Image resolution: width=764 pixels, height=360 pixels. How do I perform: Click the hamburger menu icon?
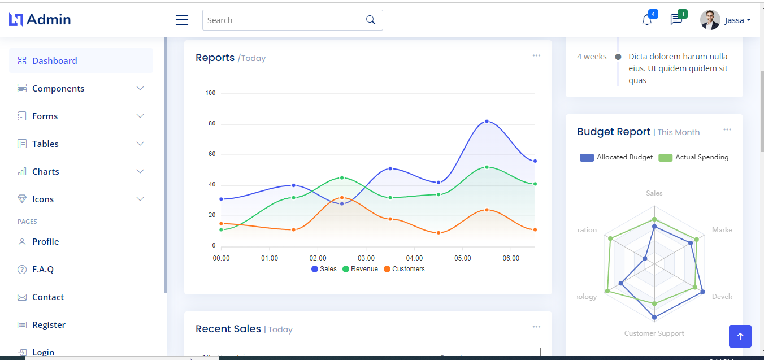click(182, 20)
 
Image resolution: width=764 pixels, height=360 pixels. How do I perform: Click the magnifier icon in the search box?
click(371, 20)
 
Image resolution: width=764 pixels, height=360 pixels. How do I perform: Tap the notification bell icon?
click(647, 20)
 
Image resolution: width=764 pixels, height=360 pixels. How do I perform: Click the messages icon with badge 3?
click(676, 20)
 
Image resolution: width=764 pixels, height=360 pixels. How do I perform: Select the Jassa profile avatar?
click(710, 20)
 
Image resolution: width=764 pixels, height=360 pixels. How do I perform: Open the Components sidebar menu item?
click(58, 88)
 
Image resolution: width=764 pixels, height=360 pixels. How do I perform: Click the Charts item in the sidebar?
click(45, 171)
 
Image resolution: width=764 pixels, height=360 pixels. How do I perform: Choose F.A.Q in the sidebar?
click(42, 269)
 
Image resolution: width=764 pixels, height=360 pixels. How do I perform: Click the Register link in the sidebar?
click(49, 324)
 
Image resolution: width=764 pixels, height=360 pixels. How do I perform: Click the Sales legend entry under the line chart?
click(324, 269)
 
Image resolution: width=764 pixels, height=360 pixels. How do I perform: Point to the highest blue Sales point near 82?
click(487, 122)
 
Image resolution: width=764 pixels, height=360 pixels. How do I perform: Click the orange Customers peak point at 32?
click(342, 198)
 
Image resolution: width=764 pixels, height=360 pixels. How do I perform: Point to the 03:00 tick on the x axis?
click(366, 258)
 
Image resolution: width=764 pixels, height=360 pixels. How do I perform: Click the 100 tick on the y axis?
click(210, 93)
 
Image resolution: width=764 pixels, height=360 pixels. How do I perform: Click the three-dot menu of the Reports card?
click(536, 55)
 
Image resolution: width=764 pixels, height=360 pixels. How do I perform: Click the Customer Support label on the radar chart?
click(654, 333)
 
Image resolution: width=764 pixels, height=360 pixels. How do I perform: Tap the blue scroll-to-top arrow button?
click(740, 336)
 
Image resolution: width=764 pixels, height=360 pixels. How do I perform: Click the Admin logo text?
click(49, 20)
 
